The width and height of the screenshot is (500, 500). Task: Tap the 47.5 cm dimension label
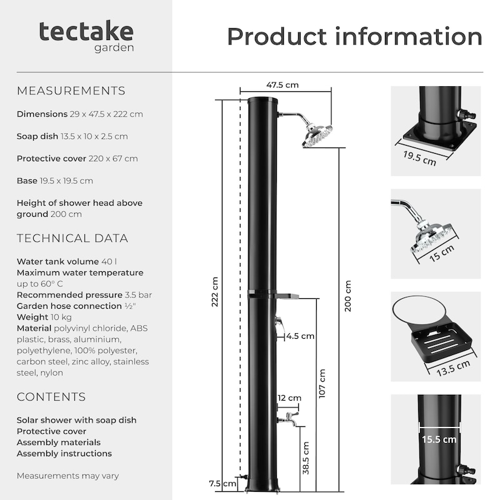[282, 85]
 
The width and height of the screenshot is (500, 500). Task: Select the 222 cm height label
[214, 292]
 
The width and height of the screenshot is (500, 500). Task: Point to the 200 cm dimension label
[347, 296]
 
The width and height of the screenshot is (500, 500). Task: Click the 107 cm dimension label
[322, 383]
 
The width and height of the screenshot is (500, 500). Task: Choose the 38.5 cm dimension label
[306, 458]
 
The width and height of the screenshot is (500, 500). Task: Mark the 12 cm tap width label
[289, 398]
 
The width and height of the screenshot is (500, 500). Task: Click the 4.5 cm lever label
[300, 336]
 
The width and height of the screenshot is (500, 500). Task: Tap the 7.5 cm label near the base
[222, 483]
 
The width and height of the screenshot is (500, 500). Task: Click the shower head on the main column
[317, 136]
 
